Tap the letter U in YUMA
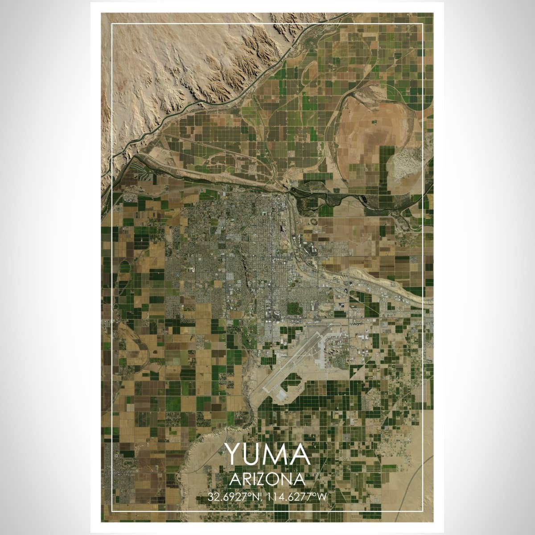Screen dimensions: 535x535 point(256,454)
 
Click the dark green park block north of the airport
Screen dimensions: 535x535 point(293,308)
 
